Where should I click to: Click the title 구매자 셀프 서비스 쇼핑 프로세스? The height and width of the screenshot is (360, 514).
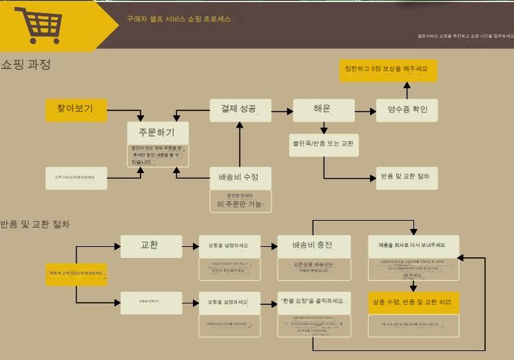[x=178, y=19]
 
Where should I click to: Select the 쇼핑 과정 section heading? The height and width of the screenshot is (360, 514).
[x=25, y=65]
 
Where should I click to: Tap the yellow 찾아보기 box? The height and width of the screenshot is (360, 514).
[x=76, y=109]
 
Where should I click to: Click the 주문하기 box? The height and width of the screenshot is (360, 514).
[x=158, y=132]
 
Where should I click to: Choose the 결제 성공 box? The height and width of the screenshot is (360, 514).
[x=239, y=109]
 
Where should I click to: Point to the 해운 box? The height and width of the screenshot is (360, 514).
[x=323, y=109]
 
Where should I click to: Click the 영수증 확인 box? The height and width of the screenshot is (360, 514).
[x=407, y=110]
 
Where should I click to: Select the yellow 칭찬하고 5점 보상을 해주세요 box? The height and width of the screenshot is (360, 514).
[x=388, y=69]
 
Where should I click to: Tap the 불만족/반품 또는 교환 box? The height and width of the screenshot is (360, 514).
[x=324, y=143]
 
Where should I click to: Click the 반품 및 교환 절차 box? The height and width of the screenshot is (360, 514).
[x=407, y=177]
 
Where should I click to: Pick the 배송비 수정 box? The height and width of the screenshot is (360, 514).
[x=239, y=177]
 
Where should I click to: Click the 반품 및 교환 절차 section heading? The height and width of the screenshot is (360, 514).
[x=35, y=224]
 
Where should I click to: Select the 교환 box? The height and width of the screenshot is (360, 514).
[x=151, y=246]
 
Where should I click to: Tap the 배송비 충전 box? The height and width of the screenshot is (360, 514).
[x=313, y=246]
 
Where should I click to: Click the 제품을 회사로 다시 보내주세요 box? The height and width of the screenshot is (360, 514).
[x=413, y=246]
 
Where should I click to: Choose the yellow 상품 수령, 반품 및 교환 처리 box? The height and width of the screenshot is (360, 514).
[x=413, y=302]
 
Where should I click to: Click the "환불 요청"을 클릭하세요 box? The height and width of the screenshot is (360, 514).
[x=313, y=301]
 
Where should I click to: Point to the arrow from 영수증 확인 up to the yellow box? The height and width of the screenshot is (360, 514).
[x=407, y=90]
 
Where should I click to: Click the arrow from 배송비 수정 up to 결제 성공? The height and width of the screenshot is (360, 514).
[x=239, y=145]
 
